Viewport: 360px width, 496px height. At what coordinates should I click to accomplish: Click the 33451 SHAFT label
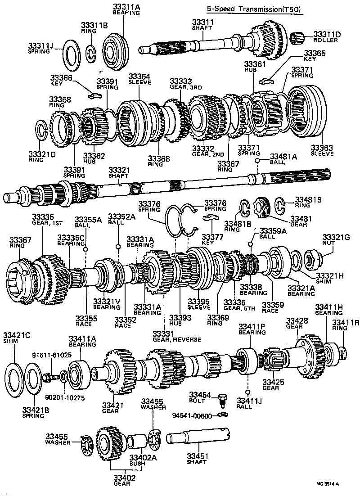198,459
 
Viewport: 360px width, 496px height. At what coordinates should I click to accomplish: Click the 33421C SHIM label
16,338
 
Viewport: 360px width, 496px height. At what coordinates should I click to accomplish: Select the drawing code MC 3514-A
327,484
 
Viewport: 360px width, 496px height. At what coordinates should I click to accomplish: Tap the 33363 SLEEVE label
322,150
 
